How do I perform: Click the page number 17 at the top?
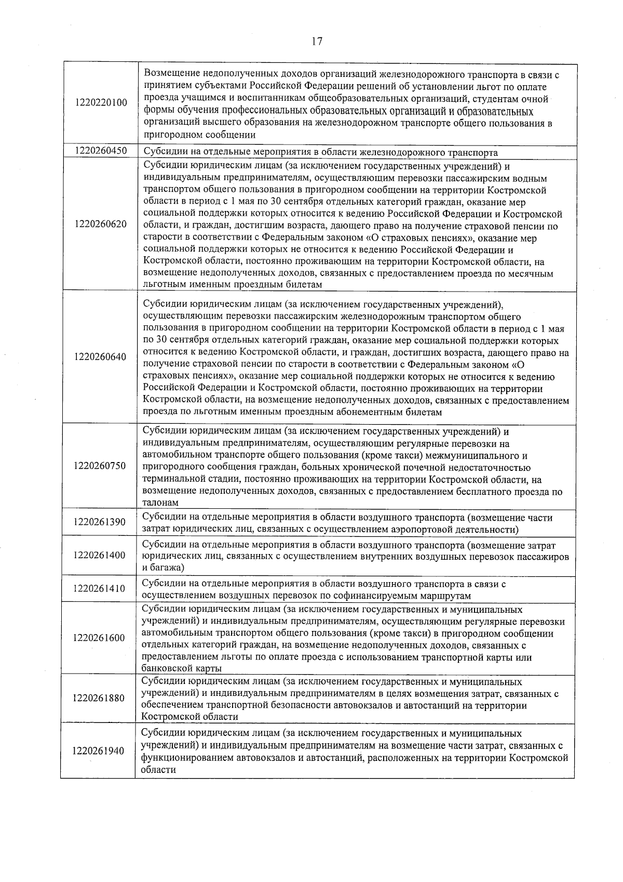click(317, 42)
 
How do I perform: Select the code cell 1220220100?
click(101, 102)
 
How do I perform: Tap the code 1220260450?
click(101, 151)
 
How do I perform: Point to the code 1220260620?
click(100, 224)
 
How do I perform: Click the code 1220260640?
click(100, 357)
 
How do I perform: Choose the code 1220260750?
click(100, 466)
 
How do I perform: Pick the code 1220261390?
click(100, 522)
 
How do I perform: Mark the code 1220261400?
click(100, 555)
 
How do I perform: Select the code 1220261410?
click(100, 589)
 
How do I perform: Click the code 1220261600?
click(99, 638)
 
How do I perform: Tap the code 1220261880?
click(99, 697)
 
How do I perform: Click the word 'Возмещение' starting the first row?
click(170, 74)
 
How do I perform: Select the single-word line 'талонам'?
click(160, 503)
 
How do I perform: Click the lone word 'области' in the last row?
click(158, 770)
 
